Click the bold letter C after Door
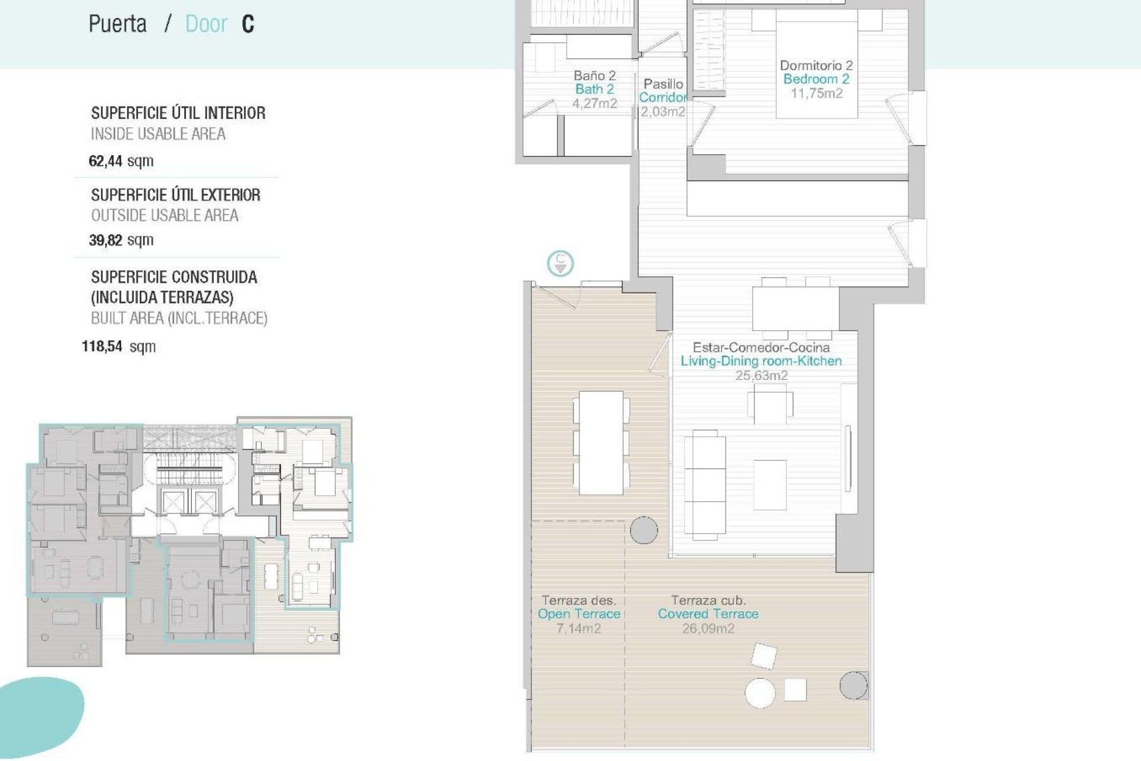click(x=248, y=24)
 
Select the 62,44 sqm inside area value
click(x=121, y=161)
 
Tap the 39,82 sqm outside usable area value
click(x=121, y=240)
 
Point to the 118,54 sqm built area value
click(x=118, y=347)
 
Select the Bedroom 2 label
click(x=816, y=79)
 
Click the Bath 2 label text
click(x=594, y=89)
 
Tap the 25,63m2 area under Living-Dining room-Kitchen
click(x=761, y=375)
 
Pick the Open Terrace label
click(x=579, y=614)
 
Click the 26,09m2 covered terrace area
click(x=708, y=628)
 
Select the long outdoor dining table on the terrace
click(x=601, y=443)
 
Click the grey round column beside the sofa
click(x=644, y=530)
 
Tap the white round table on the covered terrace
click(x=760, y=693)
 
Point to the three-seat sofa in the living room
click(x=705, y=485)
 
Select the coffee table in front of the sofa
click(x=770, y=485)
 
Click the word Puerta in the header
click(x=118, y=24)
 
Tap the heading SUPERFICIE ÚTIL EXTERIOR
click(x=175, y=195)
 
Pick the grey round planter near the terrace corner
click(x=853, y=685)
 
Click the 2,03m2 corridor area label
click(x=663, y=112)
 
